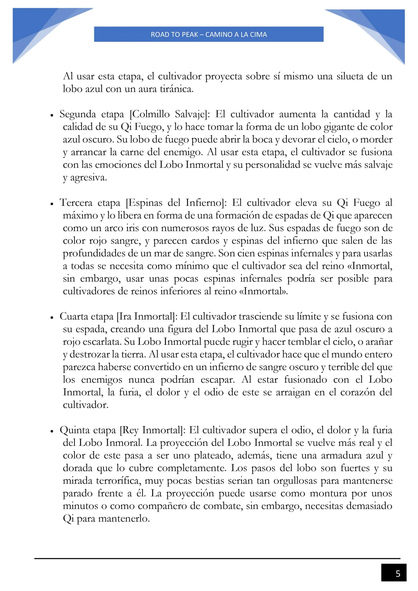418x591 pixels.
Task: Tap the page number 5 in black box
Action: tap(397, 574)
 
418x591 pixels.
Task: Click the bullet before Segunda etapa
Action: tap(52, 116)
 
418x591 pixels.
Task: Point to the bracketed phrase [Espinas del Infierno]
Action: tap(176, 203)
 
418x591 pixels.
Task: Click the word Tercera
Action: tap(76, 203)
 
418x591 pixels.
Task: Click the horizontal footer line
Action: tap(217, 558)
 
